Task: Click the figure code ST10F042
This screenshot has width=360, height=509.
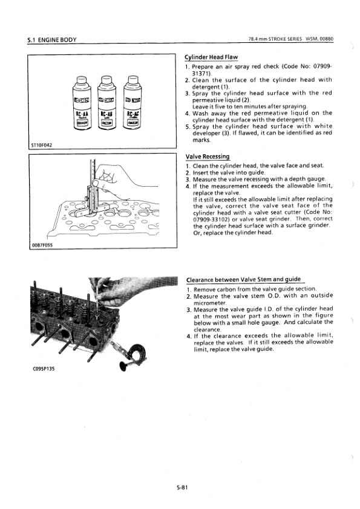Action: (x=41, y=145)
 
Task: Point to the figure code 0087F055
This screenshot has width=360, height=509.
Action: (x=42, y=245)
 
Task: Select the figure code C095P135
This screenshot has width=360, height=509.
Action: (x=44, y=369)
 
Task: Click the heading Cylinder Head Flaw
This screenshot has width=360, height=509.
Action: (x=211, y=57)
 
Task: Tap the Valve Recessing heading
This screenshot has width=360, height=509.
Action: (x=208, y=157)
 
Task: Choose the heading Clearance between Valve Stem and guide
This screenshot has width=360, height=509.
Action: (x=244, y=279)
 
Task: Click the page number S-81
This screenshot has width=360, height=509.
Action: (x=182, y=487)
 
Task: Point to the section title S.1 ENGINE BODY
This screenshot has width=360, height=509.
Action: (x=52, y=40)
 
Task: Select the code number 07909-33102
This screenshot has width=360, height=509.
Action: (x=211, y=219)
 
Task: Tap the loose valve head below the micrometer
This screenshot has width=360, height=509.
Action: (x=123, y=365)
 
